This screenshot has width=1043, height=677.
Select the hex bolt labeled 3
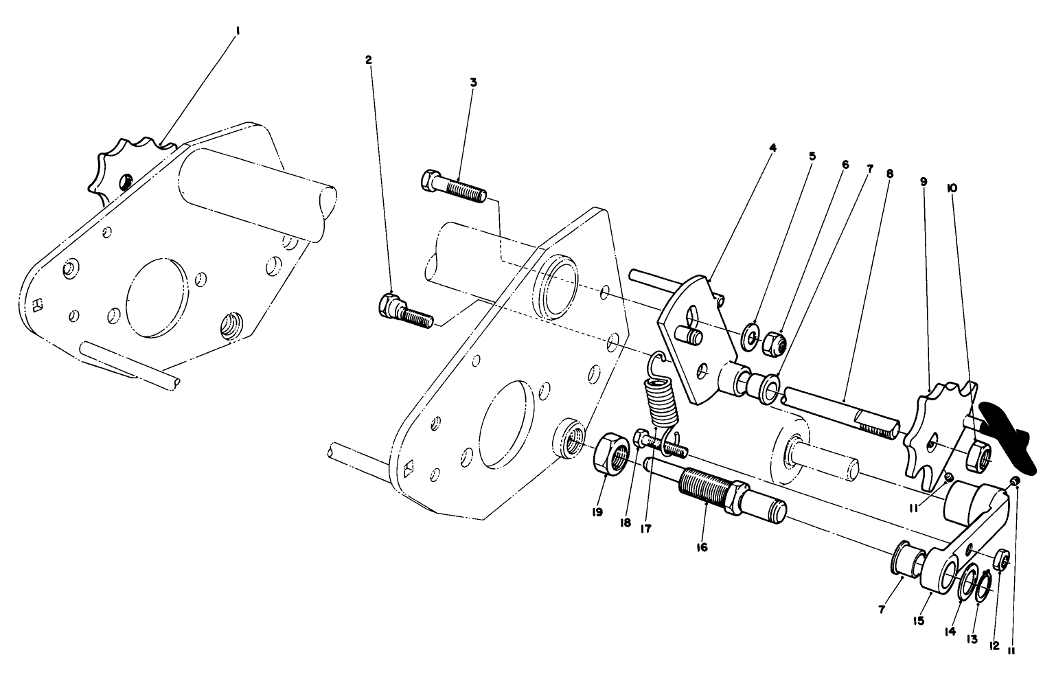(x=453, y=186)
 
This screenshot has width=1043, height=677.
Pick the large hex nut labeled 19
(x=611, y=455)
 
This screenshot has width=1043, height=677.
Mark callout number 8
(x=890, y=174)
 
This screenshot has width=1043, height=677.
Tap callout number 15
(x=919, y=620)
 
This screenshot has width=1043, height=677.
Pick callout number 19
(x=597, y=512)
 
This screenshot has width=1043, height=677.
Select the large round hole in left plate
(x=157, y=297)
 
